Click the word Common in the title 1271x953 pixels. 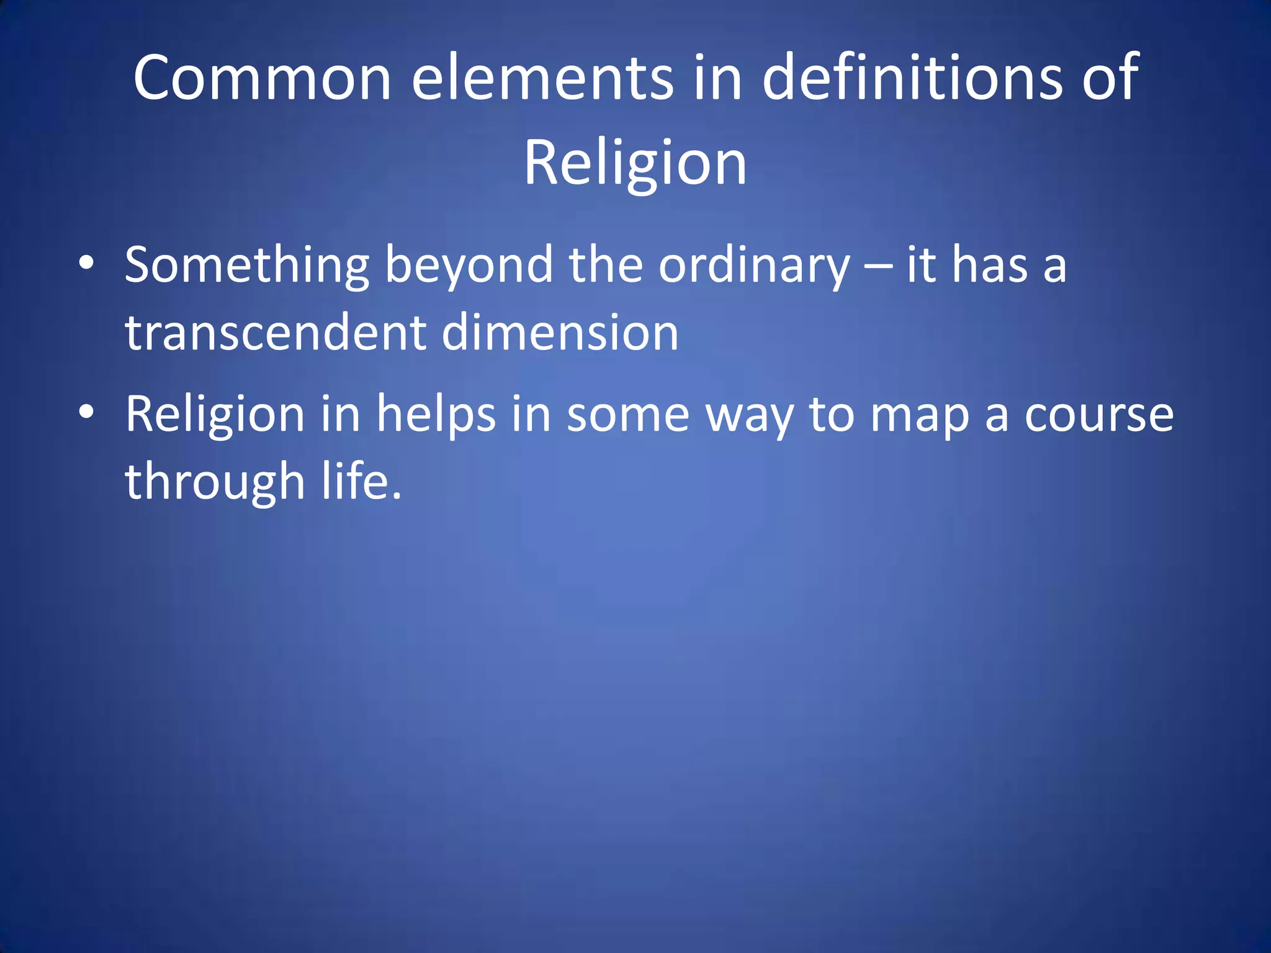pos(262,78)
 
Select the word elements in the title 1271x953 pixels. pos(542,78)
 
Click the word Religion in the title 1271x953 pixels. pos(635,163)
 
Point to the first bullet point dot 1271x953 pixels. pos(86,264)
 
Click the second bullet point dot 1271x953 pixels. pos(86,412)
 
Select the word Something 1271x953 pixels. pos(247,266)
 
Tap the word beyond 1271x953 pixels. pos(469,266)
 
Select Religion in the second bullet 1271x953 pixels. pos(215,414)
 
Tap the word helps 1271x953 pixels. pos(436,414)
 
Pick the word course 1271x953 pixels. pos(1098,414)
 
